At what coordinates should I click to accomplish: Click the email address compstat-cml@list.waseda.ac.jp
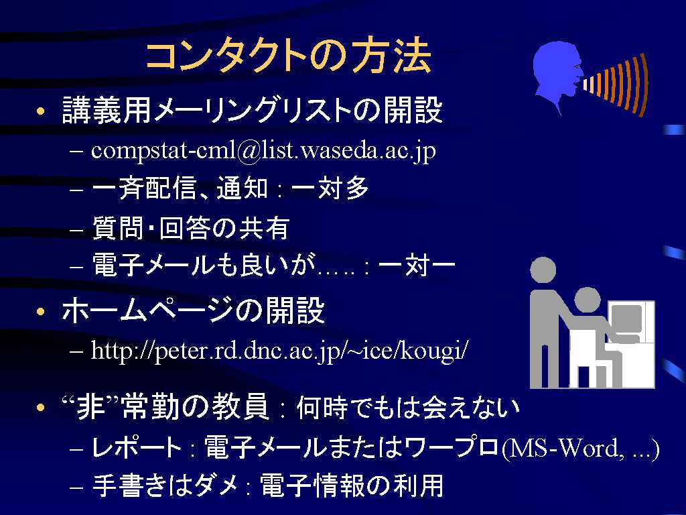pos(263,151)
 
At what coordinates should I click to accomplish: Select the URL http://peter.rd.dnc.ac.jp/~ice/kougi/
pos(279,351)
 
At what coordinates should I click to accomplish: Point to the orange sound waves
pos(615,84)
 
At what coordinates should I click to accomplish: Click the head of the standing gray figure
pos(543,270)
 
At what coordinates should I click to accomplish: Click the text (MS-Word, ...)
pos(580,448)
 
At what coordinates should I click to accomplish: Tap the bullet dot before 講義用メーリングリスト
pos(41,111)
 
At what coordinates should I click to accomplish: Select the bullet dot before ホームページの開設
pos(41,312)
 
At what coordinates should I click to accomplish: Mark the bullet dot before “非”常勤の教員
pos(41,408)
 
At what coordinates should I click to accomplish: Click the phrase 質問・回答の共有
pos(191,228)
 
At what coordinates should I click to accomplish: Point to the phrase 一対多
pos(330,188)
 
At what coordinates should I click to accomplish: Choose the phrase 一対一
pos(417,265)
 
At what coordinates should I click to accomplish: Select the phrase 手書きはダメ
pos(165,485)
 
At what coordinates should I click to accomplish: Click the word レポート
pos(137,447)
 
